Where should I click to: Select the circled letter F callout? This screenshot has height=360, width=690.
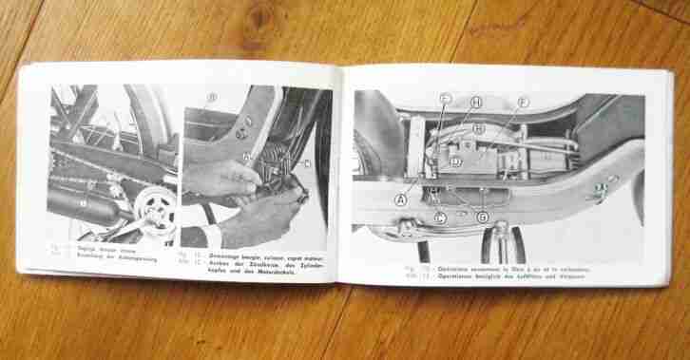coord(522,103)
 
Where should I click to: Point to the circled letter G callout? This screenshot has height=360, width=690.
coord(482,218)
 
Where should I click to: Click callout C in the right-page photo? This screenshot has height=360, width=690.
coord(444,98)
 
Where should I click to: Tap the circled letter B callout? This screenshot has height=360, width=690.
coord(212,98)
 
